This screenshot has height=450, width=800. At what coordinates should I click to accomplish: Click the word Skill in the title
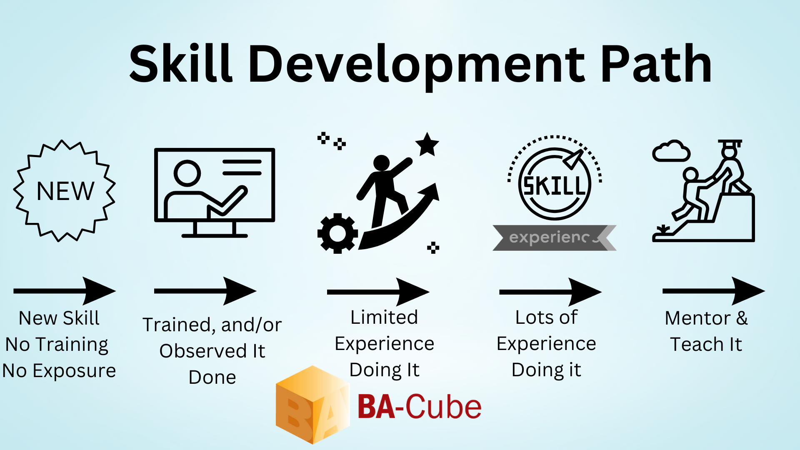(180, 63)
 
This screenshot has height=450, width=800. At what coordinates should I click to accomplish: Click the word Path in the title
(656, 63)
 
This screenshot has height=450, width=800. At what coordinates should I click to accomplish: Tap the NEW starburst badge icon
(65, 191)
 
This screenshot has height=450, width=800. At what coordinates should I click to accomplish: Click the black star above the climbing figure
(427, 145)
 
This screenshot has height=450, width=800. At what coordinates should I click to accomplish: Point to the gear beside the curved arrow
(337, 233)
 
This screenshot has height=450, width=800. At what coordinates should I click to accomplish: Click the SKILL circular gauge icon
(555, 179)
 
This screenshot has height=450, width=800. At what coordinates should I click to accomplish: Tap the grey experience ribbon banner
(554, 238)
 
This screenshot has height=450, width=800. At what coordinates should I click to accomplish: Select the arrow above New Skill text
(65, 291)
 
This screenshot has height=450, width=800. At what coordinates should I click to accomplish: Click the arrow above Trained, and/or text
(205, 291)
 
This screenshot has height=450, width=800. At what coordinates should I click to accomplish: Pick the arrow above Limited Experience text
(378, 292)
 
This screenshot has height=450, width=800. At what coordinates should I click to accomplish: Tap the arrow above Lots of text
(550, 292)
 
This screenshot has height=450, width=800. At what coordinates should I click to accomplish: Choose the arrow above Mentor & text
(714, 291)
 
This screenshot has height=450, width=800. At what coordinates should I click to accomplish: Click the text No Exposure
(59, 370)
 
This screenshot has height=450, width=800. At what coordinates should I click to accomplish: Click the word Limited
(384, 317)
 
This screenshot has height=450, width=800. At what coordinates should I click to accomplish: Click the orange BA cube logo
(313, 405)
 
